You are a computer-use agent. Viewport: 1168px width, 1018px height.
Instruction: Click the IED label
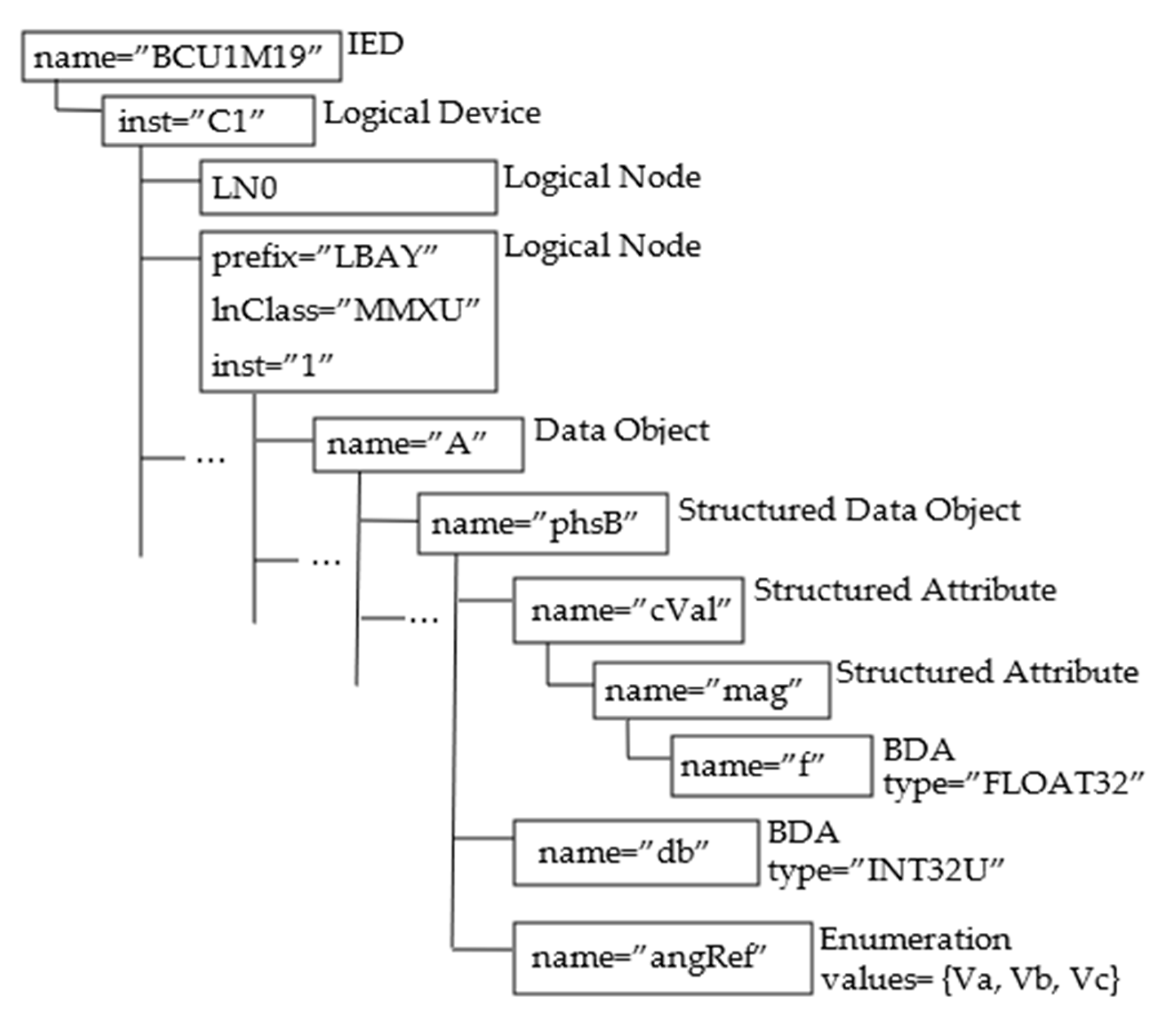(375, 44)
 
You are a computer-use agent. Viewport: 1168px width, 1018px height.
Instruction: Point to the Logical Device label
(432, 114)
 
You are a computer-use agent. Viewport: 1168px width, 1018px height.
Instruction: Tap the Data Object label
(622, 430)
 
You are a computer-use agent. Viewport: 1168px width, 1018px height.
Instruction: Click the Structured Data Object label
(850, 510)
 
